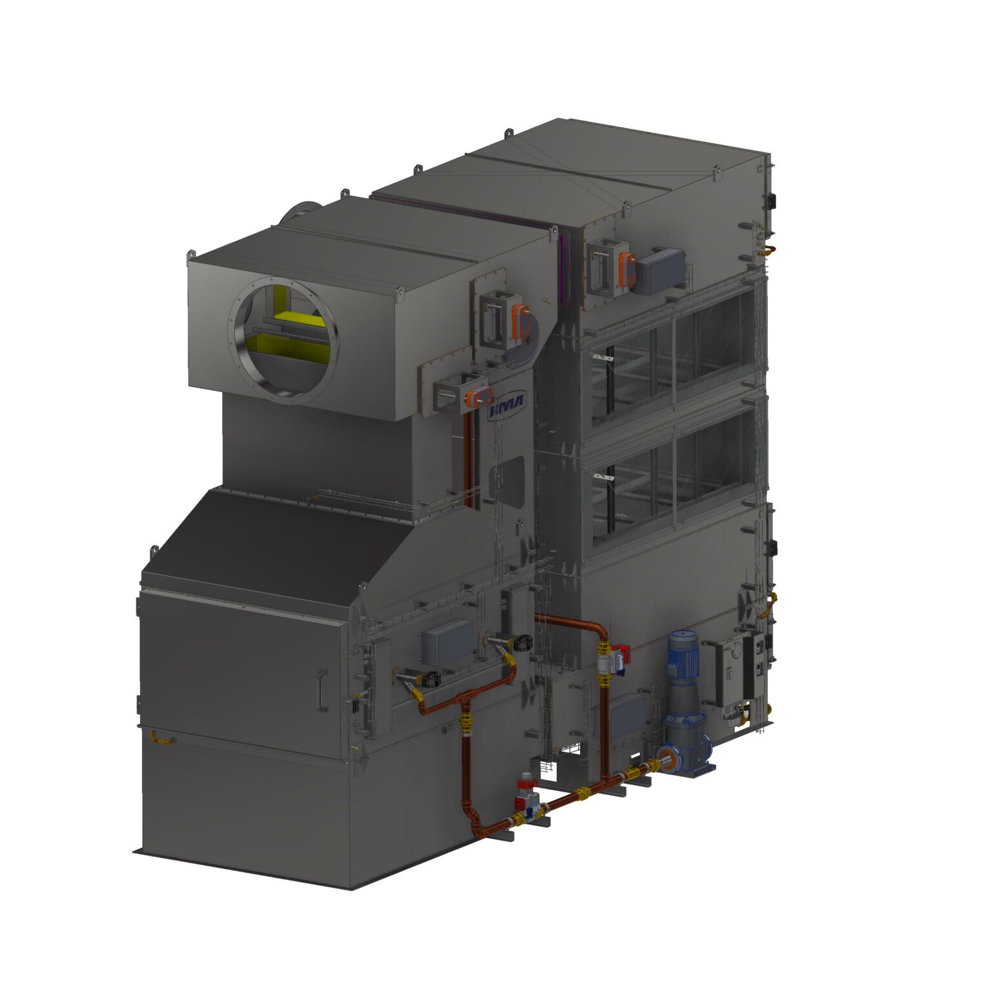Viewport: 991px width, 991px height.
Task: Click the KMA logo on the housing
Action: pyautogui.click(x=507, y=405)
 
